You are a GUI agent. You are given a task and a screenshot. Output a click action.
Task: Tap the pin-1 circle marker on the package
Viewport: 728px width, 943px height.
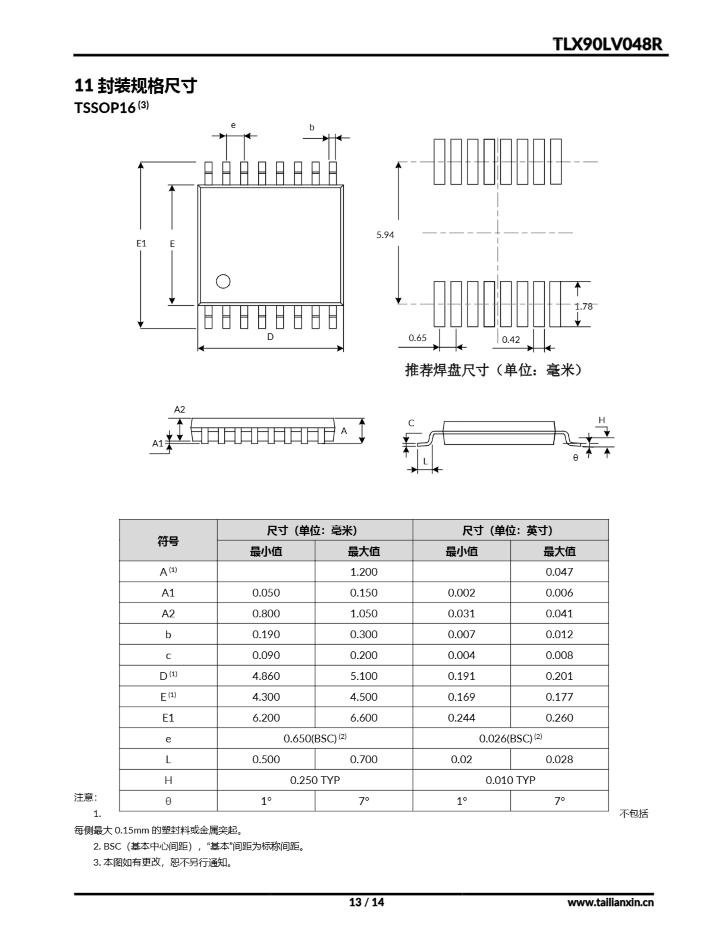tap(223, 281)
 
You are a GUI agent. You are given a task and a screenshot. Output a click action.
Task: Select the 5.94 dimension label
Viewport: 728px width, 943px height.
tap(385, 235)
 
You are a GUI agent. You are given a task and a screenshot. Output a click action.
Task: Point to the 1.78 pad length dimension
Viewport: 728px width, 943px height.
tap(584, 306)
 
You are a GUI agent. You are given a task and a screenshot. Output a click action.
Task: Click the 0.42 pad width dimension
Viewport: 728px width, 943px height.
tap(511, 340)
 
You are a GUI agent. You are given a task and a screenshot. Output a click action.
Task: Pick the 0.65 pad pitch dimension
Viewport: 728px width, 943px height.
tap(417, 338)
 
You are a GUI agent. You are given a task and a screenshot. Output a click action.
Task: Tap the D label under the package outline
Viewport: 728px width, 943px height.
tap(270, 337)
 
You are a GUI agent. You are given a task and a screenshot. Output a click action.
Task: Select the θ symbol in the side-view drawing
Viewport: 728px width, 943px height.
tap(575, 458)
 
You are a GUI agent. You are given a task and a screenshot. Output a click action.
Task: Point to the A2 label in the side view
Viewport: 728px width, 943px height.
tap(180, 409)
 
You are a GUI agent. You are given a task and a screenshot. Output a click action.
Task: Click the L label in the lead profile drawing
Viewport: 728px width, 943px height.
tap(425, 462)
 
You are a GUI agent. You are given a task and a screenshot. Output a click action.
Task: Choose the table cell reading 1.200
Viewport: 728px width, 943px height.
tap(363, 572)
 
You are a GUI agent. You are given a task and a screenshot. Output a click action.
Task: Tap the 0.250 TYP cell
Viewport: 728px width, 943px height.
tap(315, 780)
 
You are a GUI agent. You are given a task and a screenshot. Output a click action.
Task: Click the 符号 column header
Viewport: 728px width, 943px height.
tap(168, 541)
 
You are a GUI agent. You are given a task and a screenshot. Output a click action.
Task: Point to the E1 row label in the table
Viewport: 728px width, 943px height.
tap(168, 718)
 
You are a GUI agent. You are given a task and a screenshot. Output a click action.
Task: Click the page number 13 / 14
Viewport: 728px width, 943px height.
tap(366, 902)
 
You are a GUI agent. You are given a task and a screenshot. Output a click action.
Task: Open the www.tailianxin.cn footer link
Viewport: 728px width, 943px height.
tap(610, 902)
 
